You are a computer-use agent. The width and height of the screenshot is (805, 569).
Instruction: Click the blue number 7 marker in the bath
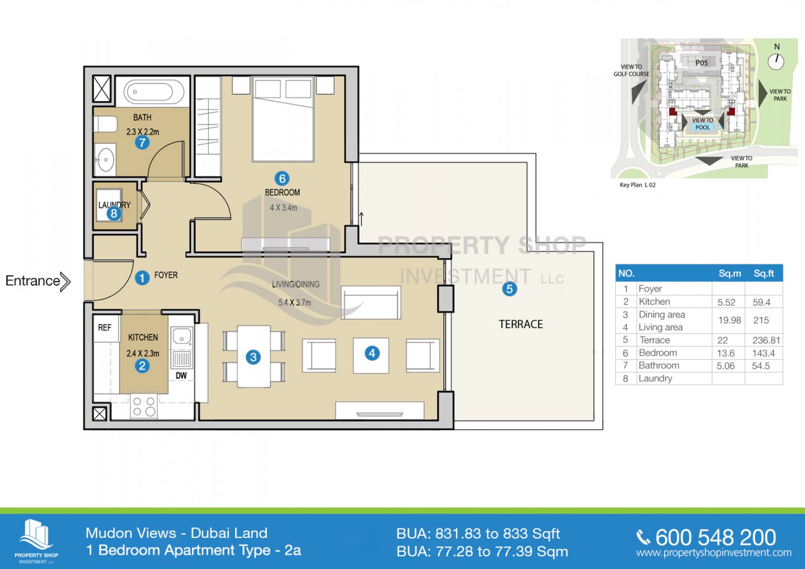[x=142, y=143]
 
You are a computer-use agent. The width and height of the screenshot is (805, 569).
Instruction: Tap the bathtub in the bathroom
[x=152, y=91]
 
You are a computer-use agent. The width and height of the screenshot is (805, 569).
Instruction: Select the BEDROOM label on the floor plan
[x=283, y=192]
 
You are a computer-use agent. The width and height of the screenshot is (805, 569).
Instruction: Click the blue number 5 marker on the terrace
[x=509, y=289]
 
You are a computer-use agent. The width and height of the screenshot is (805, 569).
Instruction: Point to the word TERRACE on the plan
[x=521, y=325]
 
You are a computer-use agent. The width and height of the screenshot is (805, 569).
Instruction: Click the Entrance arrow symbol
[x=65, y=282]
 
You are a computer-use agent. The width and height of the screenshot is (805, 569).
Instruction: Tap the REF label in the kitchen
[x=104, y=328]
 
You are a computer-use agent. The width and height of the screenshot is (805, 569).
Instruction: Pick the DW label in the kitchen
[x=181, y=376]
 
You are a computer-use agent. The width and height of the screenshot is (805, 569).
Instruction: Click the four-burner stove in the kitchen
[x=144, y=406]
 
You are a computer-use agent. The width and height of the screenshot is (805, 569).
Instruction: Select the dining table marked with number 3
[x=254, y=357]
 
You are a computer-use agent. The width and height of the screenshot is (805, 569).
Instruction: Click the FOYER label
[x=166, y=275]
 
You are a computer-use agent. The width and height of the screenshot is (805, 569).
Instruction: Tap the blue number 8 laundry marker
[x=114, y=214]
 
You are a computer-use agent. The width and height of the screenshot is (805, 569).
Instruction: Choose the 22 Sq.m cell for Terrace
[x=722, y=340]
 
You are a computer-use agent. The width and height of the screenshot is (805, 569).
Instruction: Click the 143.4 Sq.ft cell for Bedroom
[x=763, y=353]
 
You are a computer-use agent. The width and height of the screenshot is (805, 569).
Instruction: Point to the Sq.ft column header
[x=764, y=274]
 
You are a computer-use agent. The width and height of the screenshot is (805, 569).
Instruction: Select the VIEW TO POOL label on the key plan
[x=703, y=124]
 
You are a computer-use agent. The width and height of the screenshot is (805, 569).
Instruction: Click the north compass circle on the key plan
[x=776, y=62]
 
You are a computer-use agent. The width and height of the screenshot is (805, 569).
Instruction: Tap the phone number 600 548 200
[x=715, y=537]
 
